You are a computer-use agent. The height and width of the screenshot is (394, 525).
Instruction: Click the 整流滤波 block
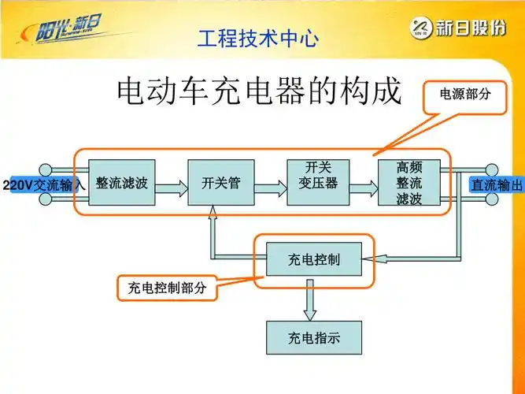pos(121,183)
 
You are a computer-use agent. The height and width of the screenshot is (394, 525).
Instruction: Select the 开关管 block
pos(220,183)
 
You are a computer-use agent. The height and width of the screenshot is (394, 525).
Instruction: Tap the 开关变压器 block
pos(317,183)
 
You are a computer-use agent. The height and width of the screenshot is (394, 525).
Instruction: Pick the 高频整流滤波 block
pos(409,183)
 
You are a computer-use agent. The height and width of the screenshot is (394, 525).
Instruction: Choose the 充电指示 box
pos(314,337)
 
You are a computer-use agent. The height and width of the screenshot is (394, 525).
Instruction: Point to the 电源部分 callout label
pos(464,94)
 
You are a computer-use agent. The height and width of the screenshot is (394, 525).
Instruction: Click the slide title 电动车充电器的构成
pos(259,92)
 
